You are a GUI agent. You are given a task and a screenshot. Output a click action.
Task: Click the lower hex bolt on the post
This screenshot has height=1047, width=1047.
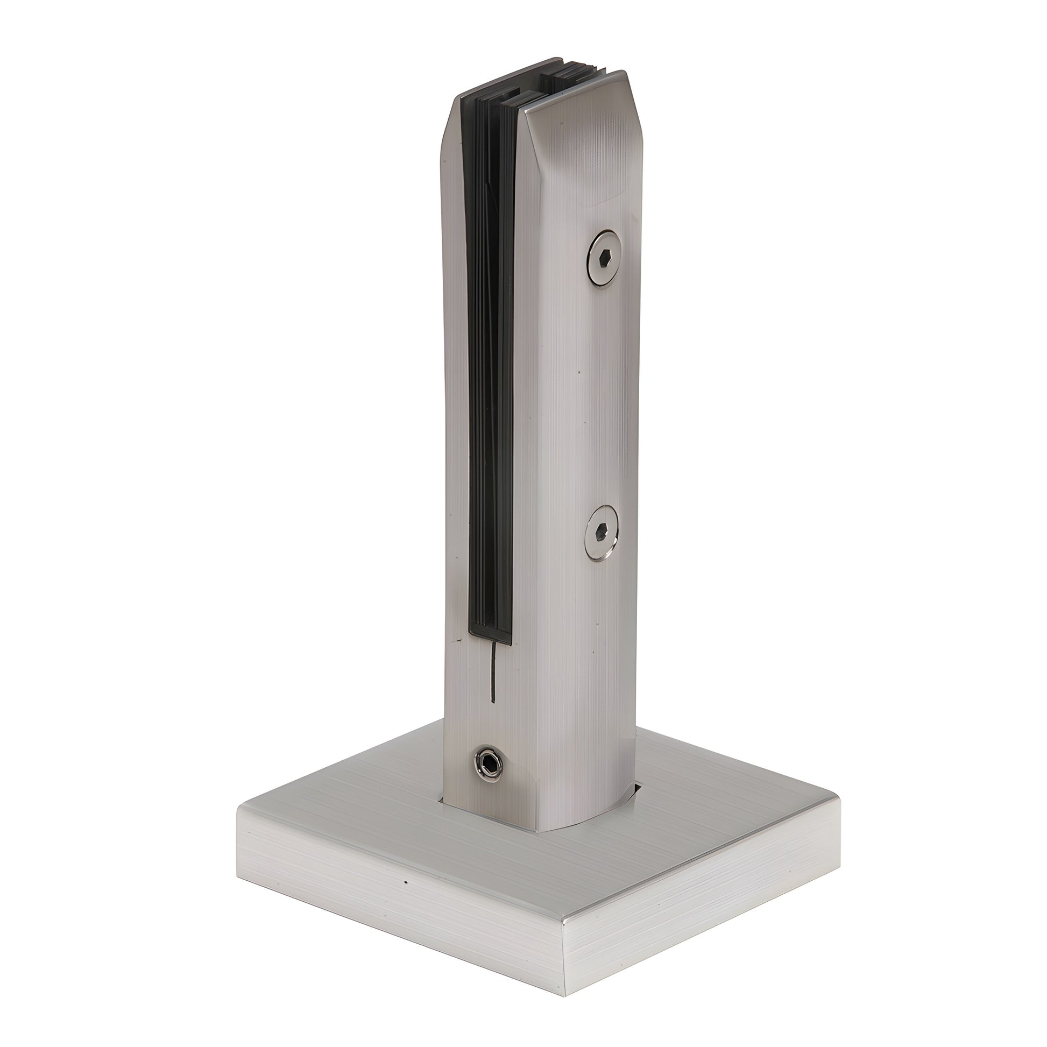point(602,533)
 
